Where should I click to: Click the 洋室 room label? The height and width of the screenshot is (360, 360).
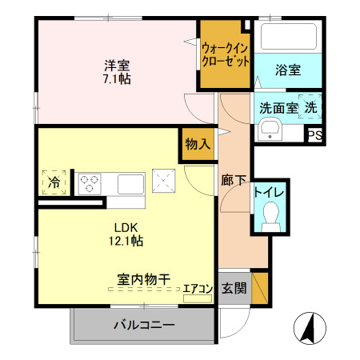click(x=117, y=65)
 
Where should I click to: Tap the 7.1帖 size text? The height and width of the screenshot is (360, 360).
click(x=117, y=79)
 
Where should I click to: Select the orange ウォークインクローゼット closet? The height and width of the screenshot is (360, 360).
click(x=225, y=54)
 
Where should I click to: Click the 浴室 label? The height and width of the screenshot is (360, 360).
click(x=289, y=70)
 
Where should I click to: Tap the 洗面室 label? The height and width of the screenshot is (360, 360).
click(x=277, y=108)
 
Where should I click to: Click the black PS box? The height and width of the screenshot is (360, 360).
click(x=315, y=135)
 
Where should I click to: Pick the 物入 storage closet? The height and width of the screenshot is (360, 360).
click(x=197, y=145)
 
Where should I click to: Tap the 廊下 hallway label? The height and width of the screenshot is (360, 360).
click(x=234, y=181)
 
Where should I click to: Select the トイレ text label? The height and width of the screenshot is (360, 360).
click(x=269, y=191)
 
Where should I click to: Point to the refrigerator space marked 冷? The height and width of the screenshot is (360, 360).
click(x=54, y=182)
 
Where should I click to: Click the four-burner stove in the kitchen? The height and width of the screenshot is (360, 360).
click(x=88, y=183)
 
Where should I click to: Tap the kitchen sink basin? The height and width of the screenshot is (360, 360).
click(x=130, y=183)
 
